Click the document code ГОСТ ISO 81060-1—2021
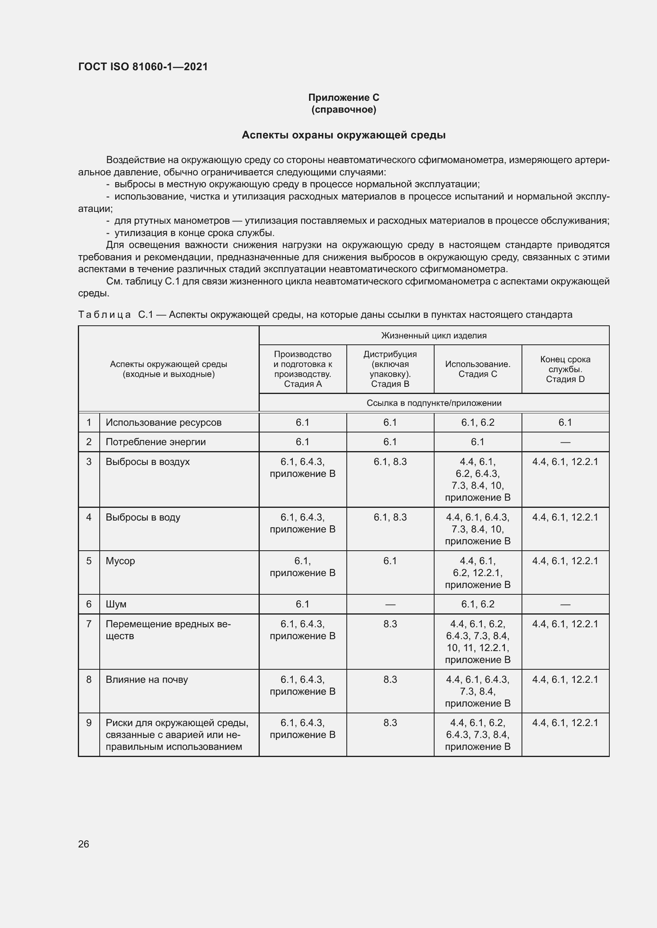[x=143, y=67]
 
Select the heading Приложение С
[x=344, y=98]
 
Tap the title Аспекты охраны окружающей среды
[x=344, y=135]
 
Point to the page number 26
[x=84, y=844]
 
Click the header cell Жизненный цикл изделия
[x=434, y=336]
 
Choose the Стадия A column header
[x=303, y=369]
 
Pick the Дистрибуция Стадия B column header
[x=390, y=369]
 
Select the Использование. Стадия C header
[x=477, y=369]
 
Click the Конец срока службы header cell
[x=565, y=369]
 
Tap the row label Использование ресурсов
[x=163, y=423]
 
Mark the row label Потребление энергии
[x=156, y=442]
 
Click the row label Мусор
[x=120, y=561]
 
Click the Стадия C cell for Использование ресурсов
[x=477, y=423]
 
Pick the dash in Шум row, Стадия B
[x=390, y=604]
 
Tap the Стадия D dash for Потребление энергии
[x=565, y=442]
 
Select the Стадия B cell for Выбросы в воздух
[x=390, y=461]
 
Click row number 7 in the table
[x=89, y=624]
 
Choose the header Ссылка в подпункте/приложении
[x=434, y=403]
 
